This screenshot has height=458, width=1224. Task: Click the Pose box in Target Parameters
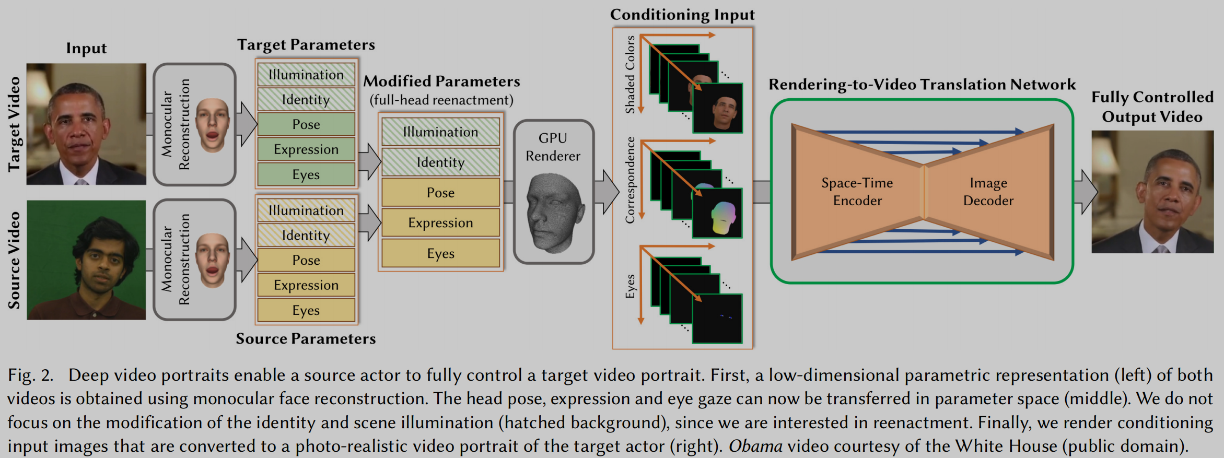click(x=306, y=124)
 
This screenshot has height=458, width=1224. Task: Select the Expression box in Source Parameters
click(x=306, y=285)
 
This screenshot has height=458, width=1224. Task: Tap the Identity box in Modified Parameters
click(x=440, y=162)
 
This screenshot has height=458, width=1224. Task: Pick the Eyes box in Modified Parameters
click(x=440, y=253)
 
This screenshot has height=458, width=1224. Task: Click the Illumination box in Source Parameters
click(x=306, y=210)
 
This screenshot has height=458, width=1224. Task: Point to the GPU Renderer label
click(x=553, y=147)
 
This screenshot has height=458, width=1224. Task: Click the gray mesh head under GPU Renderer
click(x=554, y=212)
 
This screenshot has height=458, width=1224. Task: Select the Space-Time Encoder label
click(x=857, y=192)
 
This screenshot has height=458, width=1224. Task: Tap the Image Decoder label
click(x=988, y=192)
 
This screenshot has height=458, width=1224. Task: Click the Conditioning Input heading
click(x=682, y=15)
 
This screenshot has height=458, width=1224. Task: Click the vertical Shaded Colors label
click(x=630, y=75)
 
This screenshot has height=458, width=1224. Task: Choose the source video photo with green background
click(x=86, y=260)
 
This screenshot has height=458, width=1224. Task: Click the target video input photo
click(x=86, y=124)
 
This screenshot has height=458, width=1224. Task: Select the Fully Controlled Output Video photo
click(x=1152, y=192)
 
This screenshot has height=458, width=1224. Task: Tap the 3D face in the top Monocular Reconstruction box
click(x=213, y=125)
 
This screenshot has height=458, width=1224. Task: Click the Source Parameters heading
click(x=306, y=339)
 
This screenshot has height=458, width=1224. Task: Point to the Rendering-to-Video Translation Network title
click(x=922, y=85)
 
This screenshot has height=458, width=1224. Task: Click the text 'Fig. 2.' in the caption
click(x=30, y=375)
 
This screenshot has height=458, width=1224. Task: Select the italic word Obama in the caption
click(x=755, y=446)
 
